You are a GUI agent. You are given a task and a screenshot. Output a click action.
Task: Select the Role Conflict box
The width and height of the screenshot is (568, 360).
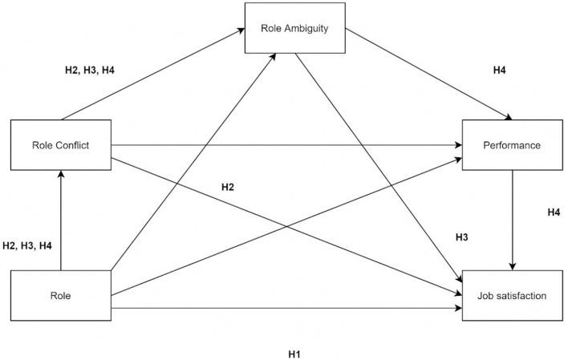60,145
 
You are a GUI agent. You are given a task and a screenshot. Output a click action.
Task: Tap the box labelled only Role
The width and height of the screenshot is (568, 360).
60,296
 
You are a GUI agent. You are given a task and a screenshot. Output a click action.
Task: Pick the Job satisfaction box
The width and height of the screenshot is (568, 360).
513,296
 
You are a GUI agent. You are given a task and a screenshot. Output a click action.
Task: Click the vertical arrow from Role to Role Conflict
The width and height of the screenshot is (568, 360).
60,224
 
